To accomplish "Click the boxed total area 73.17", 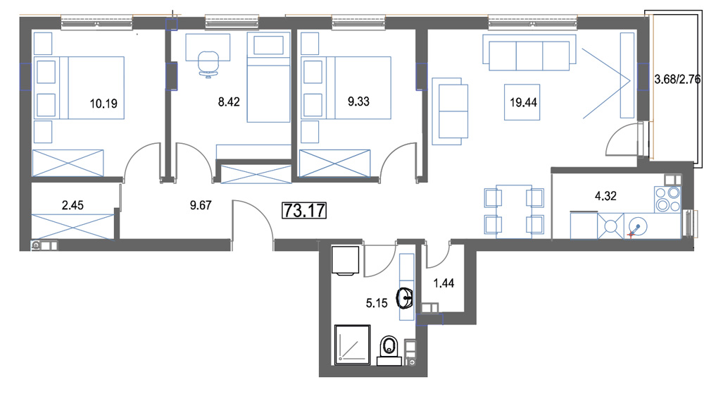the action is click(x=304, y=210).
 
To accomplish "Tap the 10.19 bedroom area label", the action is click(x=103, y=104).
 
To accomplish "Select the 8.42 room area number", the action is click(x=229, y=102).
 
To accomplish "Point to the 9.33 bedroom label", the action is click(x=359, y=101).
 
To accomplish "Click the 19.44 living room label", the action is click(x=524, y=102).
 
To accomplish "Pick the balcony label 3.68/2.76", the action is click(x=677, y=80).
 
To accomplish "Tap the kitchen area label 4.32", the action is click(x=605, y=196).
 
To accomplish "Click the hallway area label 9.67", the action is click(x=200, y=205).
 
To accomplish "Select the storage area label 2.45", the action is click(x=73, y=205).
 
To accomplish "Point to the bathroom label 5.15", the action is click(x=376, y=303).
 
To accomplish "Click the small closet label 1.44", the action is click(x=444, y=283).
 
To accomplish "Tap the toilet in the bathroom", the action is click(x=389, y=350).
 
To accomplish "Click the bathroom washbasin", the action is click(x=405, y=298).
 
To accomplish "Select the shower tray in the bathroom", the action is click(x=353, y=345).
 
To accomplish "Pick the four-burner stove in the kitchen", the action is click(x=667, y=199).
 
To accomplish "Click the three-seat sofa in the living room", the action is click(x=529, y=53).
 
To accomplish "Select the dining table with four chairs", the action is click(x=514, y=211).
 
